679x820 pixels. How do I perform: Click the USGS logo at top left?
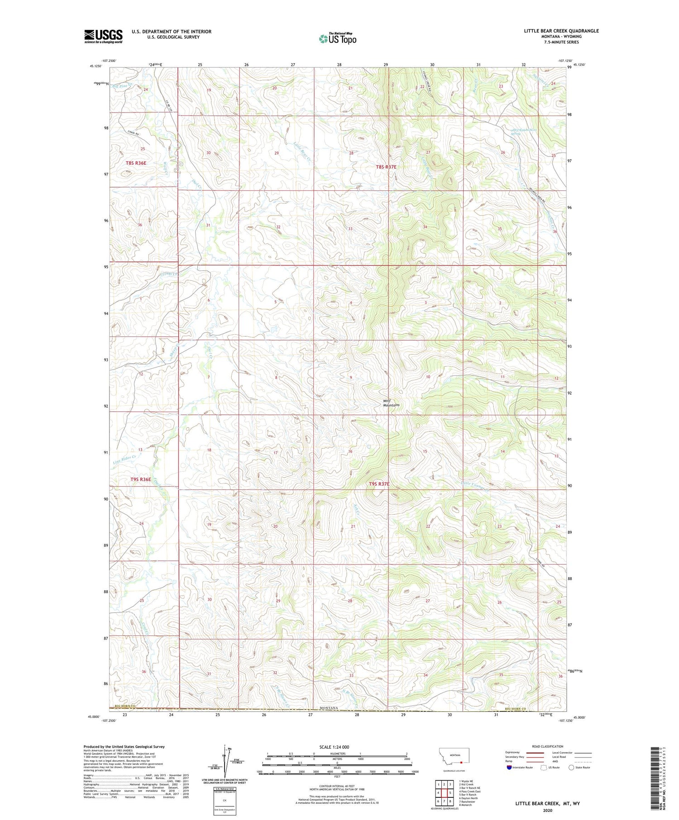[103, 36]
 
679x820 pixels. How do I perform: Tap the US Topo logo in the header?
[337, 39]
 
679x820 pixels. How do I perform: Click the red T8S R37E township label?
[386, 167]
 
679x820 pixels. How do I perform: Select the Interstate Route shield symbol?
[510, 768]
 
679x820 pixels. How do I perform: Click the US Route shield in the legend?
[544, 768]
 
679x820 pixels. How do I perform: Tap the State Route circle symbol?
[572, 767]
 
